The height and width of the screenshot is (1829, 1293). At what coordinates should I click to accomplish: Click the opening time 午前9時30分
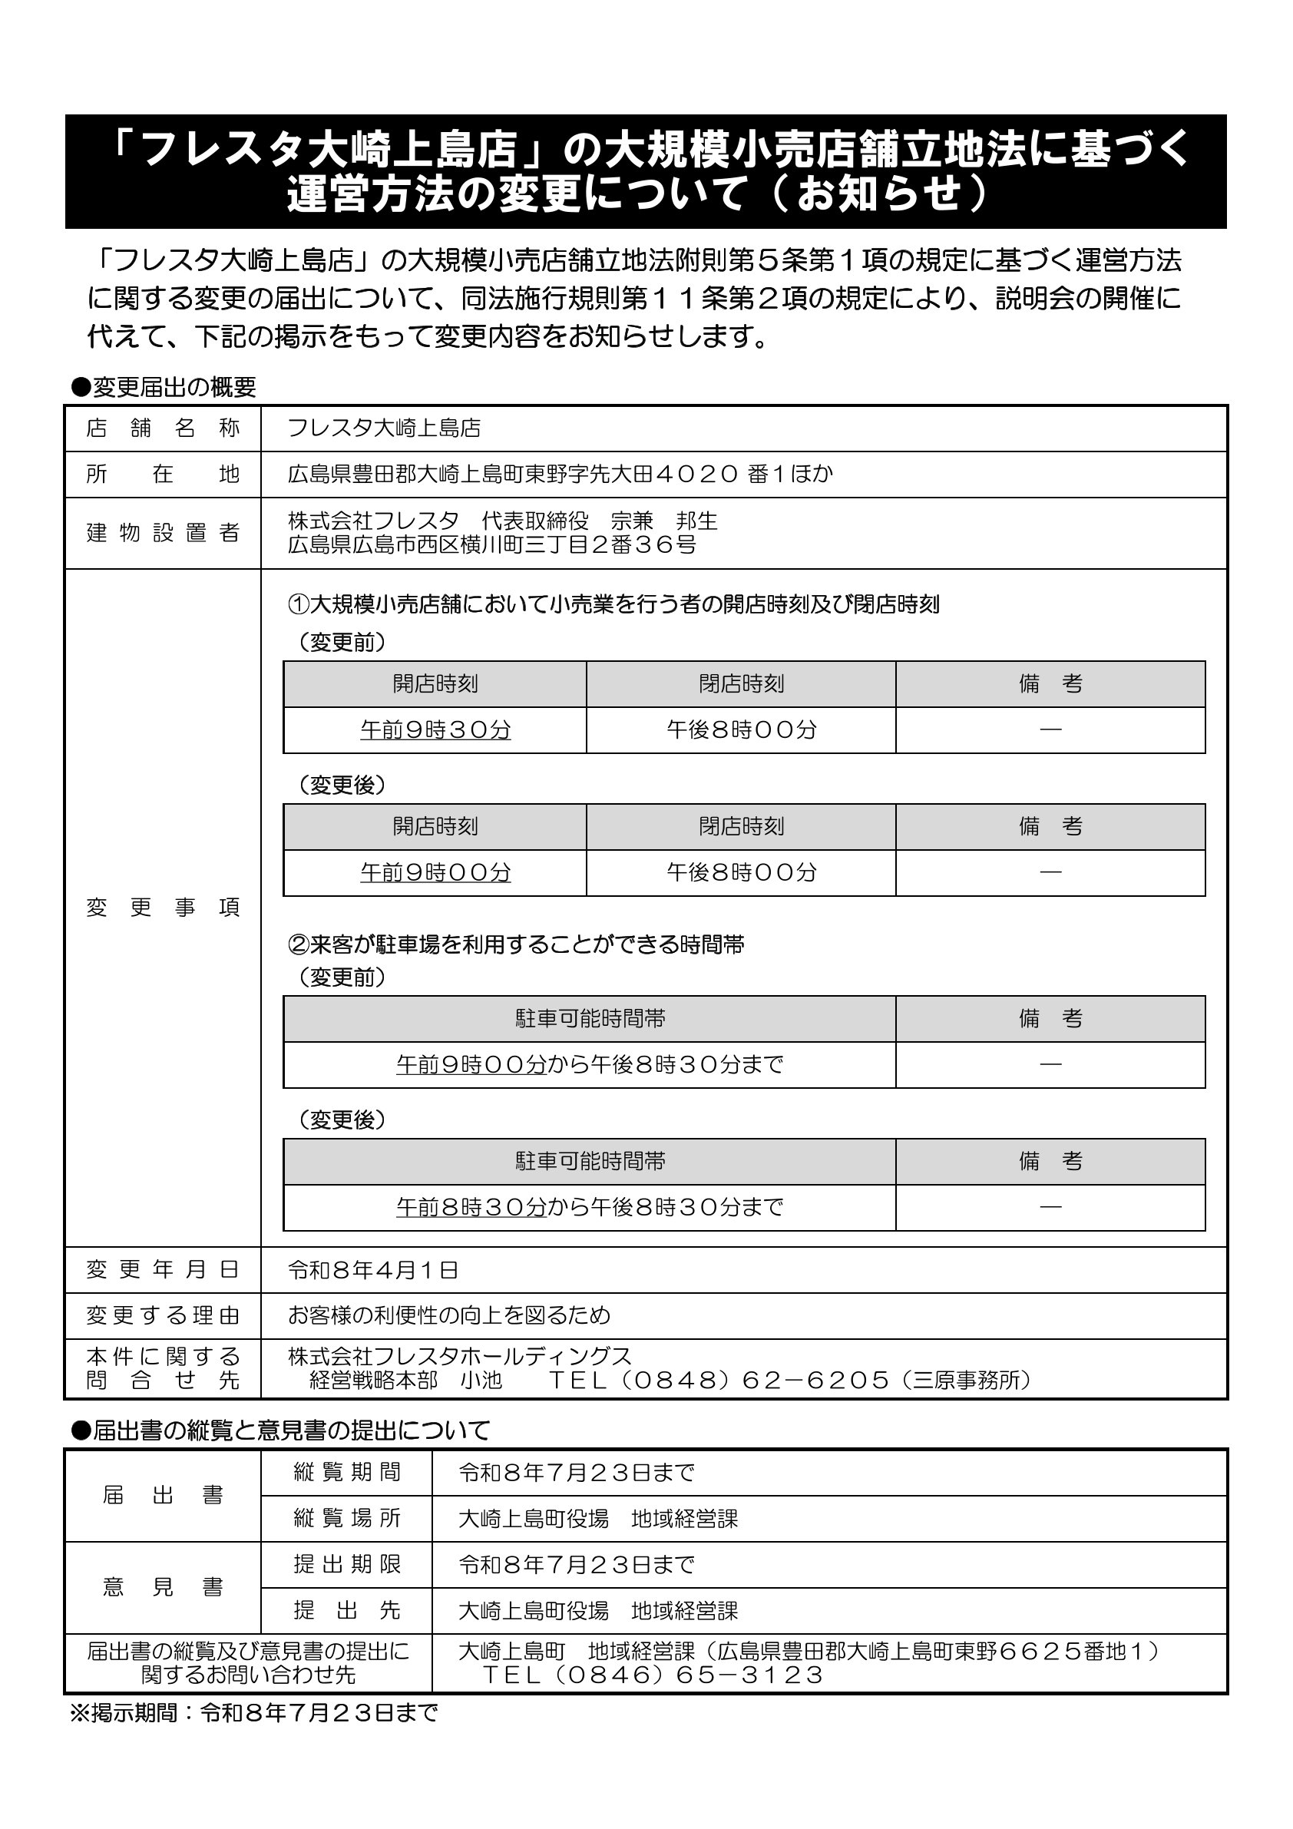click(435, 729)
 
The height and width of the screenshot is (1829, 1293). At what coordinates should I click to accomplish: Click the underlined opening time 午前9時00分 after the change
click(435, 872)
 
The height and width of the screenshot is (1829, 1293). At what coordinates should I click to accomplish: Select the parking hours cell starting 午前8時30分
click(590, 1208)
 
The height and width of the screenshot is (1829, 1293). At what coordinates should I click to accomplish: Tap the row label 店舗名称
click(163, 428)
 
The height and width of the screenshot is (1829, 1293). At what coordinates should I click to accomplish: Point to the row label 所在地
click(163, 475)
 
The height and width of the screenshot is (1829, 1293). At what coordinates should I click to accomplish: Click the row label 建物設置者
click(163, 533)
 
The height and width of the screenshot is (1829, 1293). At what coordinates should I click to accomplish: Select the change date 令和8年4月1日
click(373, 1270)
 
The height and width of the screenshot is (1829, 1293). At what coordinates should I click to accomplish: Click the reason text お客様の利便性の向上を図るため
click(448, 1315)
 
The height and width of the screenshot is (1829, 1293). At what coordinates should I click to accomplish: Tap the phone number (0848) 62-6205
click(719, 1380)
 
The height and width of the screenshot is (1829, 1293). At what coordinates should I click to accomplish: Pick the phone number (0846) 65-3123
click(653, 1675)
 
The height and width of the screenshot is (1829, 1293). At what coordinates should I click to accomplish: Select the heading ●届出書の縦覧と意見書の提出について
click(279, 1430)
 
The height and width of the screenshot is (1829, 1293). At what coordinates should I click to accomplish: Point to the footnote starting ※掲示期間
click(254, 1713)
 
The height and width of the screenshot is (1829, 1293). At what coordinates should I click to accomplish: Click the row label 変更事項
click(163, 908)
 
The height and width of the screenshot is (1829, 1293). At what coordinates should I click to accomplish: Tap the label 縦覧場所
click(346, 1518)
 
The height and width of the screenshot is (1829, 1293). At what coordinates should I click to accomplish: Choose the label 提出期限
click(346, 1565)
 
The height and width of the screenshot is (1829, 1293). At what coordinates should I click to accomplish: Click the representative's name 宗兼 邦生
click(663, 521)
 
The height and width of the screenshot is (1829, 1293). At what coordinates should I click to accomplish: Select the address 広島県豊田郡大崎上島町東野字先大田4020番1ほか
click(560, 475)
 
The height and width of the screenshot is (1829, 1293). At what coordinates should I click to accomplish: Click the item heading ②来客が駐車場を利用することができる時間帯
click(515, 944)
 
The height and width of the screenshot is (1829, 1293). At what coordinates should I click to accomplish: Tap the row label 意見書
click(163, 1587)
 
